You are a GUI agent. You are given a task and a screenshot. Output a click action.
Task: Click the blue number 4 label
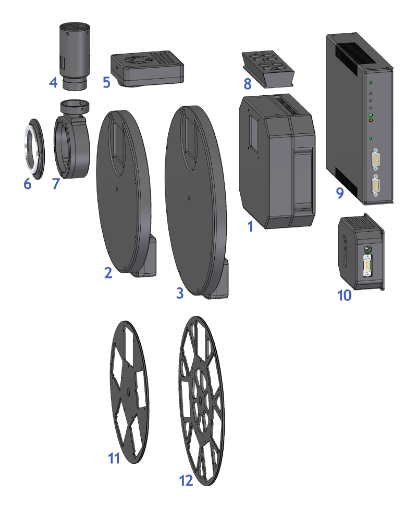53,82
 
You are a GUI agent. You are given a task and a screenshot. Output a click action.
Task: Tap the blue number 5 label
106,82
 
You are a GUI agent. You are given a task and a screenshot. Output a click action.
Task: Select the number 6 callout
28,184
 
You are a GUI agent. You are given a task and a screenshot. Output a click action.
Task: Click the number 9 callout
340,193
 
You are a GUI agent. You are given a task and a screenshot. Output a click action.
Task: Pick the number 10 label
345,296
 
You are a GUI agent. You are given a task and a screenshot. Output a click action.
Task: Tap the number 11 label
114,459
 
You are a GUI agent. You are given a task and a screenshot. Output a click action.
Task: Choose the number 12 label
186,480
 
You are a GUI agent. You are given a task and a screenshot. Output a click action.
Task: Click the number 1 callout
250,226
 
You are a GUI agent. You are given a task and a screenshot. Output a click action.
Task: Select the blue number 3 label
180,293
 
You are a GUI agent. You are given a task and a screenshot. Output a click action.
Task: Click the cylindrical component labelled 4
74,56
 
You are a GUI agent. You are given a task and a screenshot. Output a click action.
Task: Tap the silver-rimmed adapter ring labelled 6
34,149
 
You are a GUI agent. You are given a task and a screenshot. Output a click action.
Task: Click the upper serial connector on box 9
376,159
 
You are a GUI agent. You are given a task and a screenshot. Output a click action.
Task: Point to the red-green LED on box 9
371,120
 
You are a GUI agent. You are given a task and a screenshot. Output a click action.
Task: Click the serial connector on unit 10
367,265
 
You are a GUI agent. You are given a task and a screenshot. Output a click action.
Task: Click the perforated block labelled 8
267,69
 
